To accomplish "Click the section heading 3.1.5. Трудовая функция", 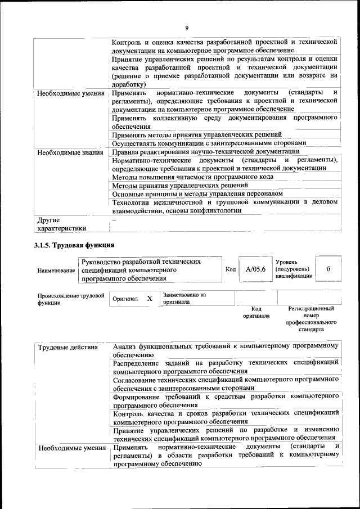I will tap(74, 245).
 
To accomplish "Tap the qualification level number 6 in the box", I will tap(328, 269).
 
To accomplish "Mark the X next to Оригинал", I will tap(149, 299).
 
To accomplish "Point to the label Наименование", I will tap(57, 271).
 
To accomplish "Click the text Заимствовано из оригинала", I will tap(184, 298).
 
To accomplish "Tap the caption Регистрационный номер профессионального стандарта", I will tap(311, 319).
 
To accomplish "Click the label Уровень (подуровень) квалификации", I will tap(293, 269).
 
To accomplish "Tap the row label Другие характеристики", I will tap(61, 224).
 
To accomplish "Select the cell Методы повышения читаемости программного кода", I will tap(193, 177).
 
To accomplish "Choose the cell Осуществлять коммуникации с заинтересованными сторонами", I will tap(208, 143).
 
